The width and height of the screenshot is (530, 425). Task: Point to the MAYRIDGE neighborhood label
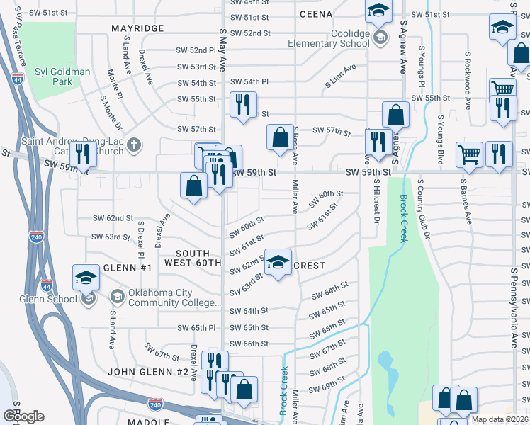(x=137, y=28)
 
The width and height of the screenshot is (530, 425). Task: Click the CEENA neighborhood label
(x=316, y=14)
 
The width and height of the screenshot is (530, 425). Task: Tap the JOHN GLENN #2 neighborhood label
(x=148, y=372)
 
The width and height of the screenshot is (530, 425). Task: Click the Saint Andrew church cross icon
(x=134, y=146)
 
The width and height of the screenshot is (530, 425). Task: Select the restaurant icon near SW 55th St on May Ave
(x=243, y=105)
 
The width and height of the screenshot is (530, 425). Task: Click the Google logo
(x=23, y=416)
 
